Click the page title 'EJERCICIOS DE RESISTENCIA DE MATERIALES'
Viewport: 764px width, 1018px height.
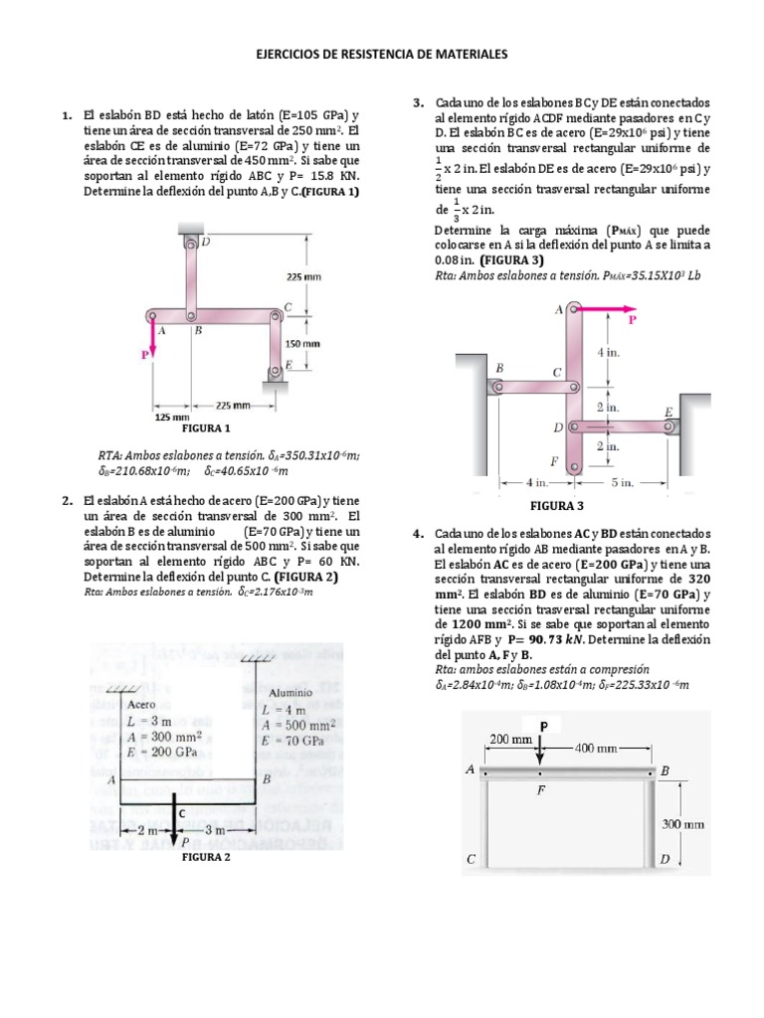pyautogui.click(x=382, y=57)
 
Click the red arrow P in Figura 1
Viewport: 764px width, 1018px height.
pyautogui.click(x=152, y=338)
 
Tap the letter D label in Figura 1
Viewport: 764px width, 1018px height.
pyautogui.click(x=205, y=241)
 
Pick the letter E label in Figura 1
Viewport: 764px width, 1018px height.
pyautogui.click(x=287, y=365)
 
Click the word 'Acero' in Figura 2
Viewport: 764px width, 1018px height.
pyautogui.click(x=146, y=703)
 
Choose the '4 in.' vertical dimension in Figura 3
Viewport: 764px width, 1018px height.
pyautogui.click(x=611, y=353)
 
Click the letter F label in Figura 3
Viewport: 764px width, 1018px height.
pyautogui.click(x=555, y=461)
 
